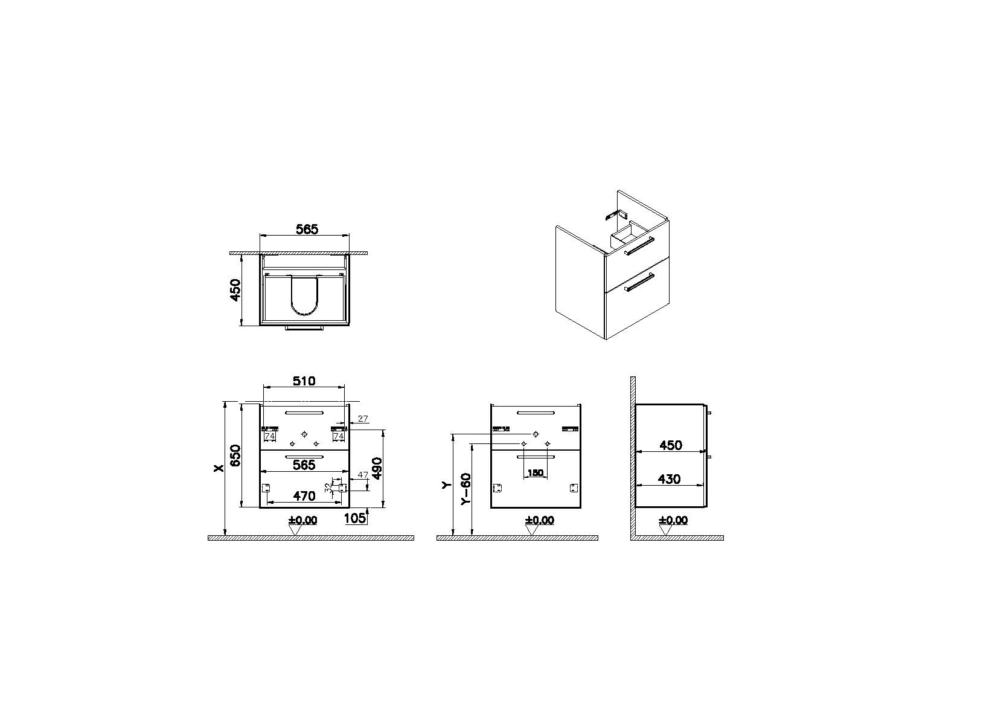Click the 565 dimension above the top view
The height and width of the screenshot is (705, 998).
(307, 229)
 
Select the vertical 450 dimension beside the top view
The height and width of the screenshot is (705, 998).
(235, 290)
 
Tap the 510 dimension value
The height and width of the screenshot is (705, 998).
(304, 381)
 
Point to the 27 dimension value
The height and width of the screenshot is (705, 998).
(363, 419)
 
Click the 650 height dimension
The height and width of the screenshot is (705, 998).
(235, 456)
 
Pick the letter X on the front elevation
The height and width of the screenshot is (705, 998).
(218, 468)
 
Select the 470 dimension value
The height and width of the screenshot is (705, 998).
(304, 496)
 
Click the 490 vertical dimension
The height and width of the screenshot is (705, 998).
(377, 468)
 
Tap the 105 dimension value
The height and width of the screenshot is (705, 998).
(356, 518)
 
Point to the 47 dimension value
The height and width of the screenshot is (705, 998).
(363, 475)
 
